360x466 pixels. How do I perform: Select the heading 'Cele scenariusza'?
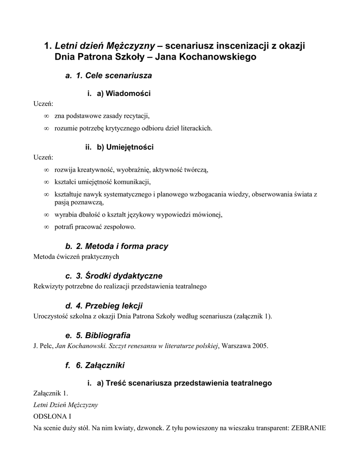click(114, 76)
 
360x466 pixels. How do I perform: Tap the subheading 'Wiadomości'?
click(123, 94)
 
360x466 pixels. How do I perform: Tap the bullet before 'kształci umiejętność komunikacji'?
click(46, 182)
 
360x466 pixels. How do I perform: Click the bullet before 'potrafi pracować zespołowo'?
click(46, 227)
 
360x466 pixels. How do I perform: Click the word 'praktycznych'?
click(101, 257)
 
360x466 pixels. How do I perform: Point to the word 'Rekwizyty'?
click(48, 287)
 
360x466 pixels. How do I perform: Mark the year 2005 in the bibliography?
click(260, 346)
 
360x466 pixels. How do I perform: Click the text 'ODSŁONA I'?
click(53, 416)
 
